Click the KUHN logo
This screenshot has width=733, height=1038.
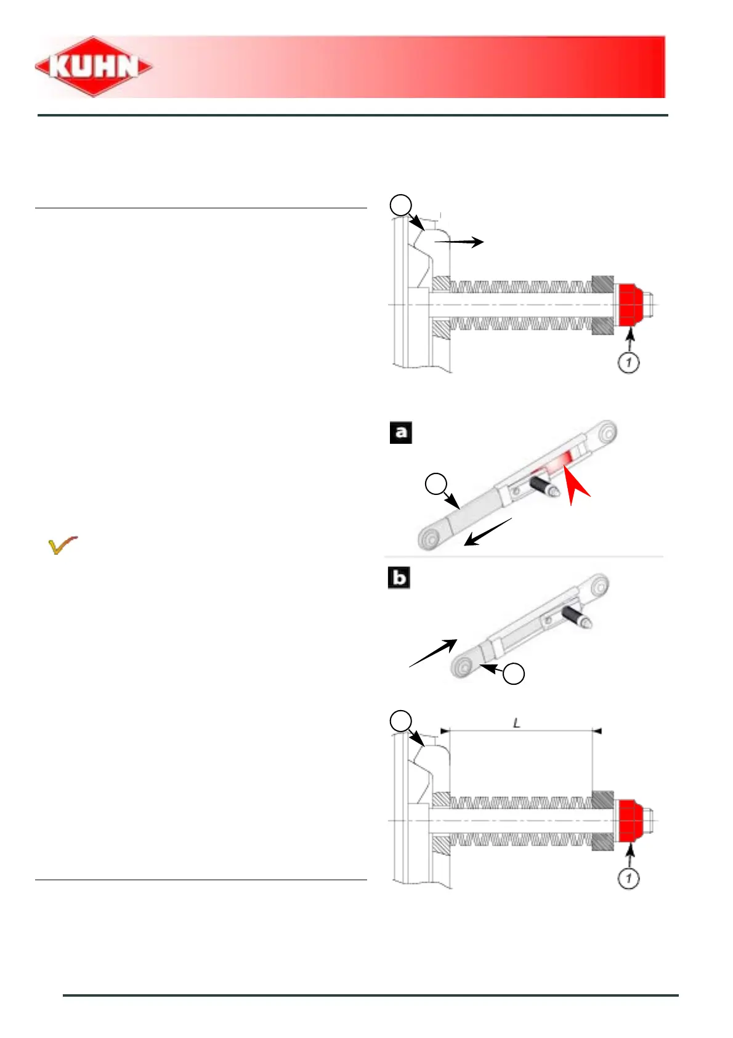(x=94, y=67)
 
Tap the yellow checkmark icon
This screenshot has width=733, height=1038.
(x=62, y=546)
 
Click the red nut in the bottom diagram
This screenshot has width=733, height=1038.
(x=630, y=820)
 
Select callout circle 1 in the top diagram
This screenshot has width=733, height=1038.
(x=628, y=362)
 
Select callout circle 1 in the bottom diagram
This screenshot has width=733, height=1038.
(x=628, y=878)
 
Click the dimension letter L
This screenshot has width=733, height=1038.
(x=517, y=722)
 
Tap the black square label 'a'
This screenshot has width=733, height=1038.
(x=401, y=433)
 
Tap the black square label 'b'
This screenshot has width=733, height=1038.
(x=399, y=578)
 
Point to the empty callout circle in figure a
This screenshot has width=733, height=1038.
(x=437, y=484)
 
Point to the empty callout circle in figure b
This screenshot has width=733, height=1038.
(x=514, y=674)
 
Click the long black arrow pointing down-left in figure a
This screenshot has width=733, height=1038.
(x=487, y=532)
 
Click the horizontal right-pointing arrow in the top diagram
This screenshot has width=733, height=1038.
(x=460, y=242)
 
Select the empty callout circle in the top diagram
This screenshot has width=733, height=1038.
(x=401, y=205)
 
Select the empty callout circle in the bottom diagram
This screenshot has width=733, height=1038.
(x=401, y=721)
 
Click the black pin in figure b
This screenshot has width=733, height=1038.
(x=577, y=616)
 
